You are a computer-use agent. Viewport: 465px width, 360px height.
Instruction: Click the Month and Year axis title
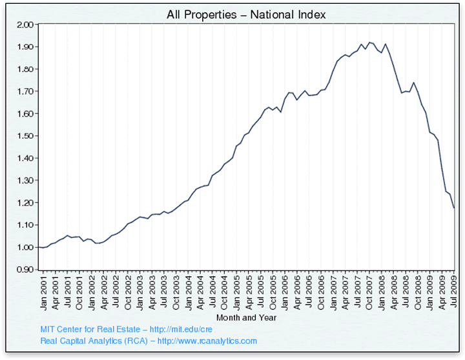247,317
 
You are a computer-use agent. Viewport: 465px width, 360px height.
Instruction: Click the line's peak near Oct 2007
369,43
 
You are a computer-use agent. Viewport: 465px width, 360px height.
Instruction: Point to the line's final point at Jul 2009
455,208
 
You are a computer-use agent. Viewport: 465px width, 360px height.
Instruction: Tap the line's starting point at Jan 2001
39,247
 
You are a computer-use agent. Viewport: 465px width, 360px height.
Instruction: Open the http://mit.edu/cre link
181,329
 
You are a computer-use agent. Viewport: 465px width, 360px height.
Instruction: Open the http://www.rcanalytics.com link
207,341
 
